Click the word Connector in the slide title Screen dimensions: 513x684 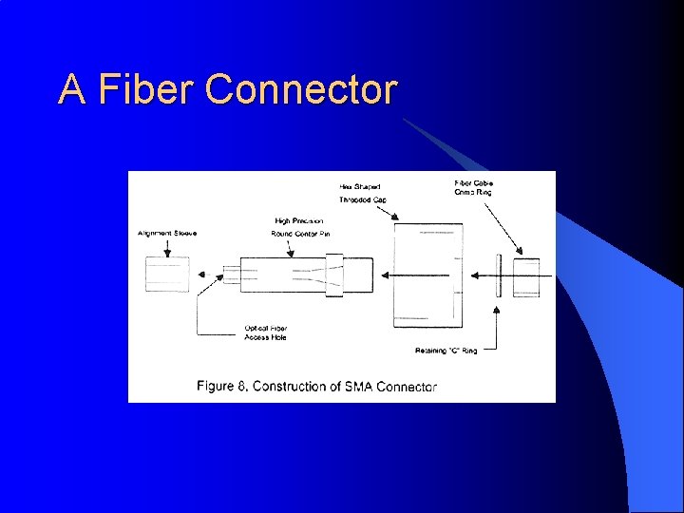tap(300, 89)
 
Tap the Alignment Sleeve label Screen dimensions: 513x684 tap(166, 233)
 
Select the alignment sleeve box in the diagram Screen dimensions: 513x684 tap(166, 275)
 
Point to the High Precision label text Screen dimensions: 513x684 tap(298, 221)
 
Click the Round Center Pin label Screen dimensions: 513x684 tap(300, 234)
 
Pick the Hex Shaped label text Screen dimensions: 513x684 tap(361, 186)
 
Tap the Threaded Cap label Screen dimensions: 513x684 tap(365, 200)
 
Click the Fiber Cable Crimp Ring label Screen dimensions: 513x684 tap(474, 187)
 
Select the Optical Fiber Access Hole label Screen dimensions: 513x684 tap(265, 332)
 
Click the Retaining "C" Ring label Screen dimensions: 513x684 tap(446, 351)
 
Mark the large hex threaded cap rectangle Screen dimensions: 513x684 tap(427, 275)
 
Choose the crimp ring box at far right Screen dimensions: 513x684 tap(525, 277)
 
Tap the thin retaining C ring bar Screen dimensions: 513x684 tap(497, 275)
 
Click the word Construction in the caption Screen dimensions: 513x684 tap(294, 386)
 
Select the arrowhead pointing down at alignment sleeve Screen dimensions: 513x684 tap(166, 252)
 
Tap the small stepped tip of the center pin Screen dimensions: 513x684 tap(231, 275)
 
